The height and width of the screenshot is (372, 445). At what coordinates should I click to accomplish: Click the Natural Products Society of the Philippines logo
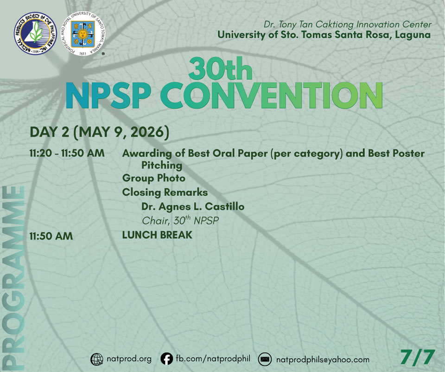point(36,33)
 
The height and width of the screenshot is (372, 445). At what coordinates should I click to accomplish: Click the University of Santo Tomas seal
point(83,33)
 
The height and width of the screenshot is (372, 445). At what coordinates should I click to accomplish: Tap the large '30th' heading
point(221,68)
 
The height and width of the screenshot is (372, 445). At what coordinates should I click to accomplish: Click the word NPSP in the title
point(108,95)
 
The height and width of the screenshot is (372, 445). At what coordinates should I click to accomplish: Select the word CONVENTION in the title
point(272,95)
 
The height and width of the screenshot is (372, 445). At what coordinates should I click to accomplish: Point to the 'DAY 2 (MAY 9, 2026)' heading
point(99,132)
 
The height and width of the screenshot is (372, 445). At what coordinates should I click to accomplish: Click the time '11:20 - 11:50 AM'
point(67,154)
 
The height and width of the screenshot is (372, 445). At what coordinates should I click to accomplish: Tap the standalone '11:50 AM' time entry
point(51,236)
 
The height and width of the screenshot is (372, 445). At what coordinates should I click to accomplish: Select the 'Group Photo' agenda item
point(153,178)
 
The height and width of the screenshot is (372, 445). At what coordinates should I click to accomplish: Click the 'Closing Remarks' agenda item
point(165,192)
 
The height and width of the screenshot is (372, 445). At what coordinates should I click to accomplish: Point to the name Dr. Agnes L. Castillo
point(193,206)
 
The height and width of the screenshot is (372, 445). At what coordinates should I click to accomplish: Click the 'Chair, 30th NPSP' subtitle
point(180,220)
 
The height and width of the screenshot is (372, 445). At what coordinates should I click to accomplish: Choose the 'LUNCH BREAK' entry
point(157,235)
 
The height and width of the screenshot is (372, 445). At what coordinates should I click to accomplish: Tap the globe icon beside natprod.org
point(97,359)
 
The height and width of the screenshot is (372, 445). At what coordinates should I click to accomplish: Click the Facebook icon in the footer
point(166,359)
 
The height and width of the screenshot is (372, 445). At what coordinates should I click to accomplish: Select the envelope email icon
point(265,359)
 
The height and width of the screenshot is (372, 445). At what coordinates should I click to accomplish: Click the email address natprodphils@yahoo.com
point(323,360)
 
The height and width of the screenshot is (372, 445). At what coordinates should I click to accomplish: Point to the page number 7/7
point(418,357)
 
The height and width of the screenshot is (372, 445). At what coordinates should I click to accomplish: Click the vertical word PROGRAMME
point(13,278)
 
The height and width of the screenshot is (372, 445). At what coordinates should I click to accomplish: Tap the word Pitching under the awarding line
point(162,166)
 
